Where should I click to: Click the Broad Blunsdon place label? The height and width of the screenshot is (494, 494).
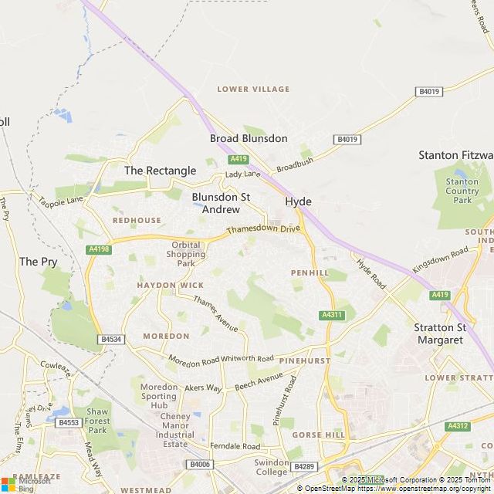[x=249, y=139]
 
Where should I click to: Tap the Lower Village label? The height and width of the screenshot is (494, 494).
[x=253, y=90]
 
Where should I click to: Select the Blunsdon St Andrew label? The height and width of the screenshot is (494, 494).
[x=221, y=203]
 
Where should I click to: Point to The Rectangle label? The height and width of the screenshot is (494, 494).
[x=160, y=171]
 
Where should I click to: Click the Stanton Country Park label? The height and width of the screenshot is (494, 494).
[x=462, y=191]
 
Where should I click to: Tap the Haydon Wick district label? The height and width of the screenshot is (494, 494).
[x=171, y=285]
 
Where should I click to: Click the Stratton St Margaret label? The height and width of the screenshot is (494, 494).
[x=440, y=333]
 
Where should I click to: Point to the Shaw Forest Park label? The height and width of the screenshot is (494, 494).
[x=97, y=421]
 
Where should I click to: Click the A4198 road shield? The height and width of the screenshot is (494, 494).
[x=100, y=249]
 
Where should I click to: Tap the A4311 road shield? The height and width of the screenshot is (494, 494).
[x=330, y=315]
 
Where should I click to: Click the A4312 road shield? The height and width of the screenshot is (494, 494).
[x=457, y=426]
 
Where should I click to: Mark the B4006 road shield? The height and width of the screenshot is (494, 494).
[x=199, y=464]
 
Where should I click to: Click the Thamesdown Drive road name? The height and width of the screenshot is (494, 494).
[x=262, y=230]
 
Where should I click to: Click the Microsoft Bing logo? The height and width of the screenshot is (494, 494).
[x=27, y=484]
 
